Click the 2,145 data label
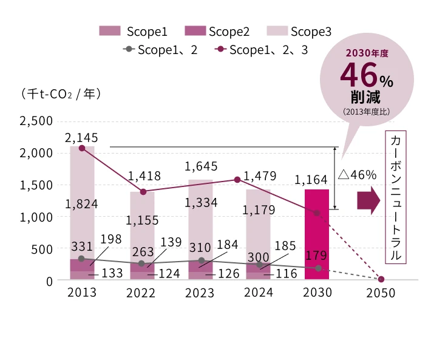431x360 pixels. [x=82, y=138]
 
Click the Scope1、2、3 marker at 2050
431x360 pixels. [x=381, y=279]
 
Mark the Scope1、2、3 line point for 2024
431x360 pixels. [x=237, y=180]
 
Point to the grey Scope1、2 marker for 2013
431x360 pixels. [x=82, y=259]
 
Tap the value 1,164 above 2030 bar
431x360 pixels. [x=311, y=180]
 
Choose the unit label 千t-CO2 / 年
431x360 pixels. [x=60, y=94]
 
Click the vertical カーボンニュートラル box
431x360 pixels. [x=395, y=196]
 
